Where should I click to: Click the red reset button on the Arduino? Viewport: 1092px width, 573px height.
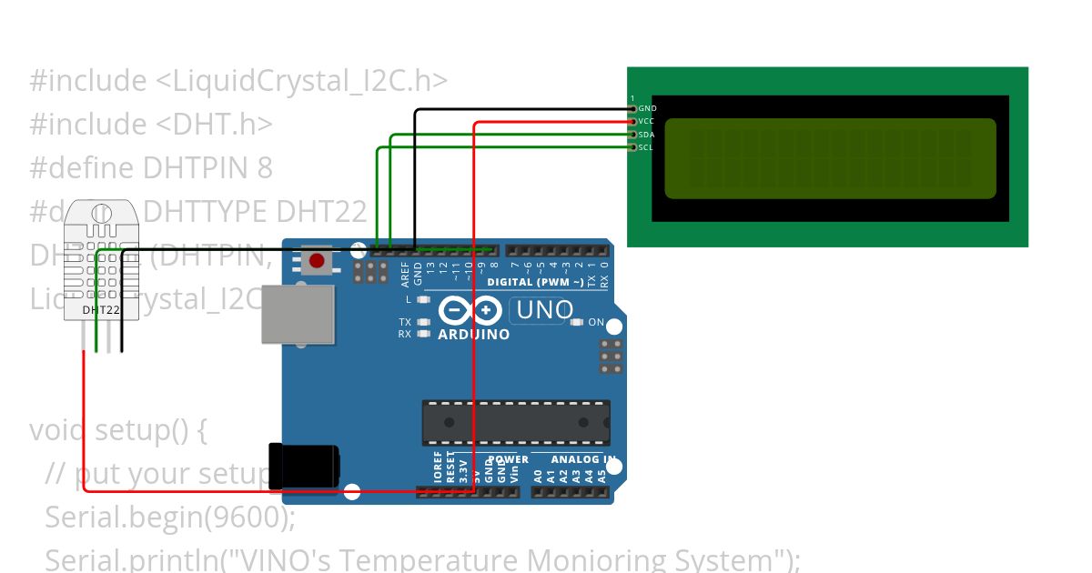coord(317,261)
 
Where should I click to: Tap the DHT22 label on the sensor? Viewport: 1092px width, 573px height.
coord(101,310)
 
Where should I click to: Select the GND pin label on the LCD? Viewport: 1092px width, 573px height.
coord(648,108)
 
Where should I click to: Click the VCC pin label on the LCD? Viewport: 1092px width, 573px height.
coord(647,121)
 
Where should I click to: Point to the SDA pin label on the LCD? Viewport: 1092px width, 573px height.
coord(647,135)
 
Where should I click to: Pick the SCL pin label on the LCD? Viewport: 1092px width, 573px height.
coord(646,147)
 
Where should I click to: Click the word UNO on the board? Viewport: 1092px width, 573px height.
coord(544,310)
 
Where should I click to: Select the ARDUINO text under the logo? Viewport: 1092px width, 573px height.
coord(473,335)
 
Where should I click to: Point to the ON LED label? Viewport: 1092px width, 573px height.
coord(596,322)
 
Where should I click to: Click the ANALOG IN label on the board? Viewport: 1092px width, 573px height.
coord(582,459)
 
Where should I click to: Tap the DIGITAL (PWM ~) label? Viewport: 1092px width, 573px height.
coord(535,282)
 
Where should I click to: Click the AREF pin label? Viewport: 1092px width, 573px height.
coord(406,274)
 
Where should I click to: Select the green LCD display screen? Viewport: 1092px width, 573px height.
coord(830,158)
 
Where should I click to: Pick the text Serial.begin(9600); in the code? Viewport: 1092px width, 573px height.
coord(170,517)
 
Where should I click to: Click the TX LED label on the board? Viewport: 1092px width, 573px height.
coord(405,322)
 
